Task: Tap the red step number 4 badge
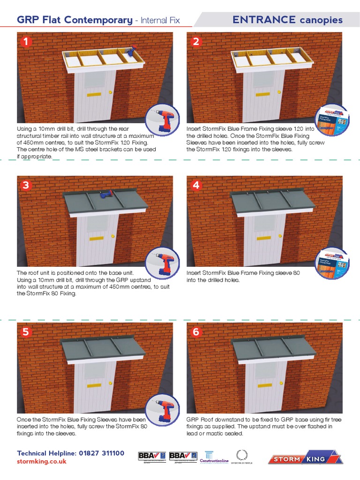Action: [196, 185]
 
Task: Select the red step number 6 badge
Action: [196, 332]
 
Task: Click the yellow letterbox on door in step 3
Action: [96, 239]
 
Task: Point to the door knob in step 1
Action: [110, 92]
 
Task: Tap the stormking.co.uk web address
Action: [42, 461]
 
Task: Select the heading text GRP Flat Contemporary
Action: [75, 20]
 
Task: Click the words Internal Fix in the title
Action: [160, 20]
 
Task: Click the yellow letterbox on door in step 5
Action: [94, 386]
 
